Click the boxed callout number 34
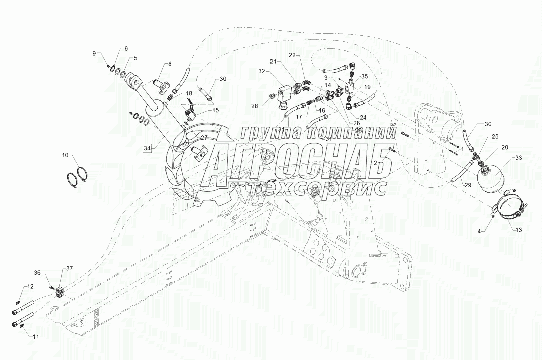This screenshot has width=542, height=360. click(147, 148)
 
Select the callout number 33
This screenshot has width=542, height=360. click(519, 158)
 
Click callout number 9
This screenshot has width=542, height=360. click(93, 53)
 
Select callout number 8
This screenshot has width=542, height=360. click(170, 64)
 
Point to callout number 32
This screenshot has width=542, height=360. click(261, 72)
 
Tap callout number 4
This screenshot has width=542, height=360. click(478, 231)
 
